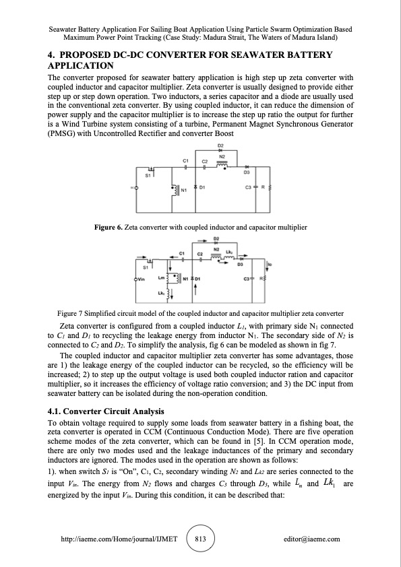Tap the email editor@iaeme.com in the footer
(312, 539)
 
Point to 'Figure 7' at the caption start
(72, 314)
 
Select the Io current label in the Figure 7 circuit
(271, 265)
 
